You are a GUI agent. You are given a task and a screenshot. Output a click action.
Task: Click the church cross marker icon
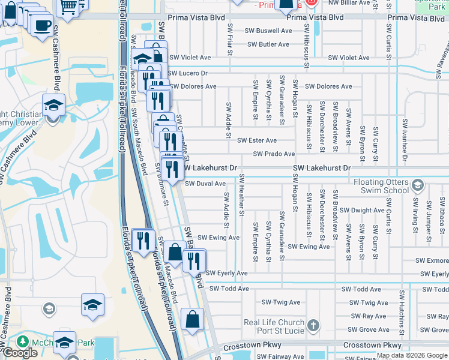point(313,326)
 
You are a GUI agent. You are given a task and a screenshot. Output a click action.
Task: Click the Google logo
point(20,353)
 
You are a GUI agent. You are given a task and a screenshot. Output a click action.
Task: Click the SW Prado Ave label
point(274,154)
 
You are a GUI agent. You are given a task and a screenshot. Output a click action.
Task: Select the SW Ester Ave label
point(257,140)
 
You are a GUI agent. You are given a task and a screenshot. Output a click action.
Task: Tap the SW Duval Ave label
point(205,184)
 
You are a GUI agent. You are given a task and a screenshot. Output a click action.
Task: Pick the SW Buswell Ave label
point(270,31)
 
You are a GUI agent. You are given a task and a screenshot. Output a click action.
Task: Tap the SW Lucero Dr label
point(188,73)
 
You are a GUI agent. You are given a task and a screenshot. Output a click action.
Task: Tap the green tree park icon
point(23,341)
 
